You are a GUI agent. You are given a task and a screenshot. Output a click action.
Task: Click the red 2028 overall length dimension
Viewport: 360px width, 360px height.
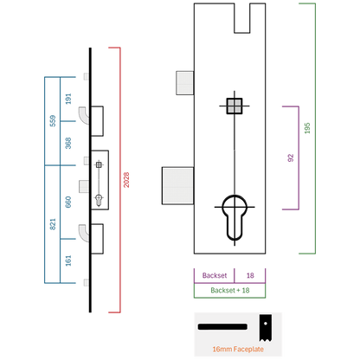[126, 180]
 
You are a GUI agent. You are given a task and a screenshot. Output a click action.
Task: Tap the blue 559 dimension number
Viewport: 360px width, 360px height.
[53, 121]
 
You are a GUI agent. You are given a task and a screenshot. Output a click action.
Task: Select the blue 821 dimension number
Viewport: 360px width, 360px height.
[53, 224]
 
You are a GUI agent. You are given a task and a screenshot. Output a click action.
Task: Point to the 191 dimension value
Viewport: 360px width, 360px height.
[68, 99]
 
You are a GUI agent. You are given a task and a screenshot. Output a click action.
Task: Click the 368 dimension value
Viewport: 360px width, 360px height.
[68, 143]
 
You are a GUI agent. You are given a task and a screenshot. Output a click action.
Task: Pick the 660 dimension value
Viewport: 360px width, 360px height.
[68, 202]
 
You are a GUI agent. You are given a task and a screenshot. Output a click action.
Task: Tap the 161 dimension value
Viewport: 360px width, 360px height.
[68, 260]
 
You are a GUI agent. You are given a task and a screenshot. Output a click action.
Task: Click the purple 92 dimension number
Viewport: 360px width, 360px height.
[291, 157]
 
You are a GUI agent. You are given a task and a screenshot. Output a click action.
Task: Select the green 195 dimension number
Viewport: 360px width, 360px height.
[307, 128]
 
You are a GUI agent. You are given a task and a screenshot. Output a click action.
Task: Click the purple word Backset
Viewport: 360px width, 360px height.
[215, 275]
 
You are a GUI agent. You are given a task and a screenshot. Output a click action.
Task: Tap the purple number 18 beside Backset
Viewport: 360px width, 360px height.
[250, 275]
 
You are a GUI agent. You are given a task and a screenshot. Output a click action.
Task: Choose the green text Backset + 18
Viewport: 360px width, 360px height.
[230, 290]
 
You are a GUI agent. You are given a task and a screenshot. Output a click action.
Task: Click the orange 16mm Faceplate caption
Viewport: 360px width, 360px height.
[238, 349]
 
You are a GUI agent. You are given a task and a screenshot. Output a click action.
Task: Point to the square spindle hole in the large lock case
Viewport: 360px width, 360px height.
[235, 106]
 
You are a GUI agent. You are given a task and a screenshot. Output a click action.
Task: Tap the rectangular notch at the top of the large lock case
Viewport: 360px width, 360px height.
[242, 18]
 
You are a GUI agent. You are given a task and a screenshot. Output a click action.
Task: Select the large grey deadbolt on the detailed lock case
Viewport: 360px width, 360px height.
[177, 186]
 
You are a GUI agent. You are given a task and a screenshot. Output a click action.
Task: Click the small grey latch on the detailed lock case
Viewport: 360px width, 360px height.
[184, 83]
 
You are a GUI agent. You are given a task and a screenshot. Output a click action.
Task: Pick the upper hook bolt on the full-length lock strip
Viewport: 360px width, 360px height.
[84, 115]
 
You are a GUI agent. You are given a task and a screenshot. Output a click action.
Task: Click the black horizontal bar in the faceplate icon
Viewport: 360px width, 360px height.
[222, 327]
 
